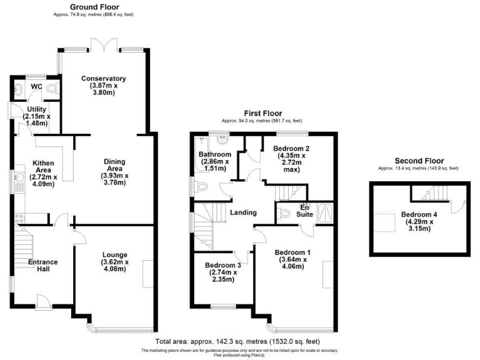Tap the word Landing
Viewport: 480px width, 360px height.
pyautogui.click(x=243, y=213)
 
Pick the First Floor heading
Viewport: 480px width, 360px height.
pyautogui.click(x=262, y=114)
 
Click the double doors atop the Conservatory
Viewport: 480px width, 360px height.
pyautogui.click(x=103, y=46)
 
